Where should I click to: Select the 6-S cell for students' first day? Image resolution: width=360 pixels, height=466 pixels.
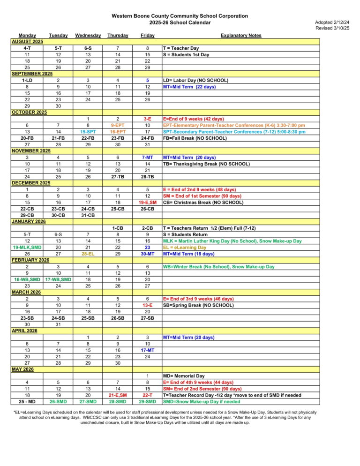88,48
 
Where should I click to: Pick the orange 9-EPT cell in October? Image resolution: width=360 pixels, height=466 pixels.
118,126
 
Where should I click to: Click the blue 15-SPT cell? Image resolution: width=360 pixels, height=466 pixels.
88,132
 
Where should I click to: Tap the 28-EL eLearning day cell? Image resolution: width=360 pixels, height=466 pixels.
88,254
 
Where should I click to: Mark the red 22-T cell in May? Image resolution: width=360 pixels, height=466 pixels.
147,395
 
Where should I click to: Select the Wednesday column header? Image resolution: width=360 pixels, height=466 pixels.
88,35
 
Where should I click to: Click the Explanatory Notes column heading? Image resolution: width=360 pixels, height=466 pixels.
241,35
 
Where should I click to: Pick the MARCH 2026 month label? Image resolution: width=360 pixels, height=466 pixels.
26,293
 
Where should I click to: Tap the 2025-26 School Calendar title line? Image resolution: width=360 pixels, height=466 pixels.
180,23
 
